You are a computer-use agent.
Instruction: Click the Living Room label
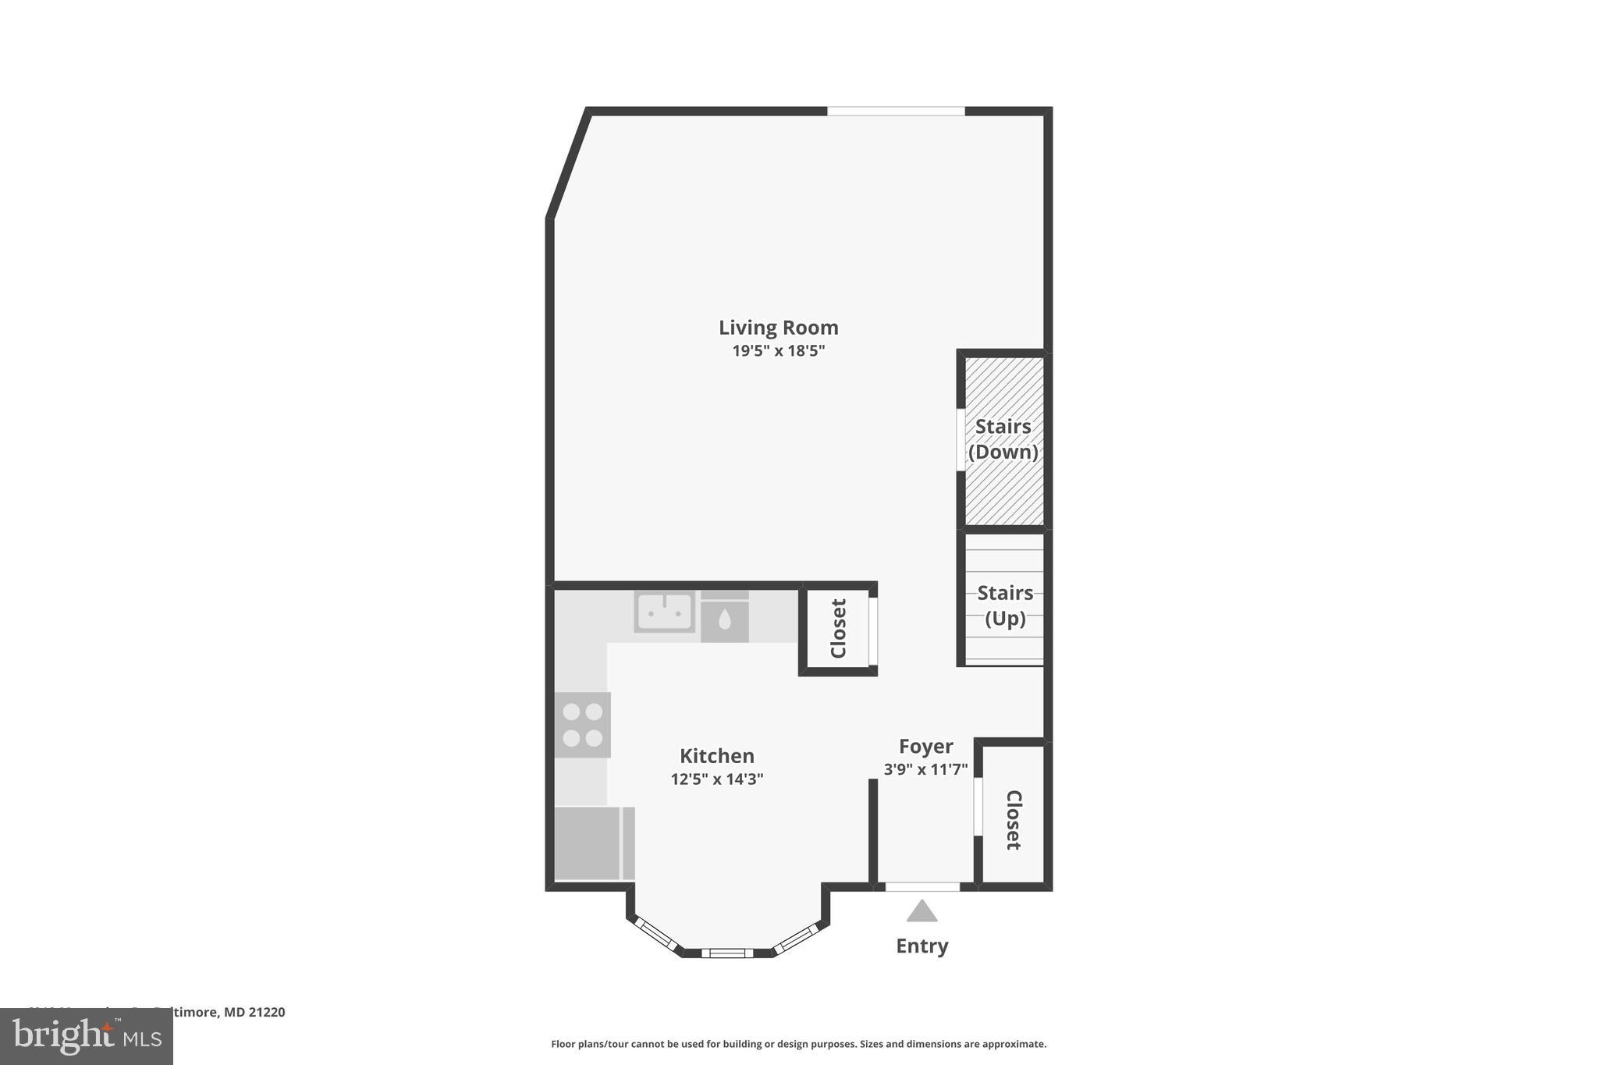click(778, 328)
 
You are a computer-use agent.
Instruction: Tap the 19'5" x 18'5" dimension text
click(778, 351)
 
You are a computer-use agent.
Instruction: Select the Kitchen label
click(716, 756)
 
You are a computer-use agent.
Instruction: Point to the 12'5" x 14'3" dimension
click(716, 779)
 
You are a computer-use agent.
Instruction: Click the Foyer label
click(925, 747)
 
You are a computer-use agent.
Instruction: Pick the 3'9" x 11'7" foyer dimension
click(925, 769)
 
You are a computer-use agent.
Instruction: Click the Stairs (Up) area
click(1004, 605)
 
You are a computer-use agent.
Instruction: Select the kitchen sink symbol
click(664, 612)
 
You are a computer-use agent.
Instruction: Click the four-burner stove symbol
click(582, 725)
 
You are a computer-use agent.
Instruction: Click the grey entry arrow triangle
click(922, 911)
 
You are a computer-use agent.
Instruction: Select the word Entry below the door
click(922, 946)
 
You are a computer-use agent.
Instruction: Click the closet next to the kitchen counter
click(838, 628)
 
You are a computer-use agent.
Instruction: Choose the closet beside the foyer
click(1013, 819)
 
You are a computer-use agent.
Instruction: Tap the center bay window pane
click(726, 953)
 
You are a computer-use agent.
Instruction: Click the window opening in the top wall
click(896, 112)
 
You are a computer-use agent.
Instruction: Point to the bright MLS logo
click(87, 1036)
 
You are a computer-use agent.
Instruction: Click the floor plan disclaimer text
click(798, 1044)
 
